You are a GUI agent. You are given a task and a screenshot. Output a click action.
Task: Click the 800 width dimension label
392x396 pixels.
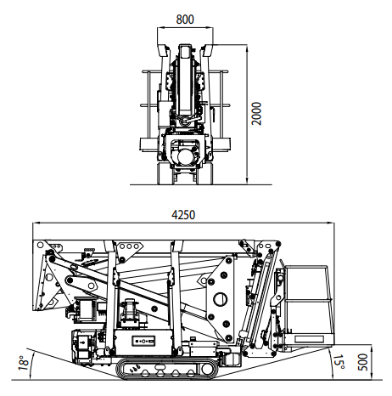tap(185, 20)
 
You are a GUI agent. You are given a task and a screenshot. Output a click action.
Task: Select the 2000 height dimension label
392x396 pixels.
tap(256, 114)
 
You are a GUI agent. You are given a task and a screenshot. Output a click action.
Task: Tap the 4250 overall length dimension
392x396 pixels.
tap(183, 215)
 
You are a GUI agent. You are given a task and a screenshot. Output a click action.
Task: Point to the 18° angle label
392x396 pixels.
tap(24, 363)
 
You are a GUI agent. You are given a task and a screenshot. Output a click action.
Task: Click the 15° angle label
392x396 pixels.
tap(339, 362)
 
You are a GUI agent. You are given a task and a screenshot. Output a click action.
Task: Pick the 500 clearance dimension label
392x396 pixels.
tap(362, 362)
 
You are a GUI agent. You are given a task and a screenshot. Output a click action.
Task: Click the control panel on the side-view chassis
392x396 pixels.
tap(143, 341)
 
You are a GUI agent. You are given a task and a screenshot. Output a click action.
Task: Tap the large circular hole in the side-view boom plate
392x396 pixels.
tap(221, 299)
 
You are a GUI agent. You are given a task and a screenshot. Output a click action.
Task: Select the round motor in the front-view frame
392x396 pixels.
tap(186, 156)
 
